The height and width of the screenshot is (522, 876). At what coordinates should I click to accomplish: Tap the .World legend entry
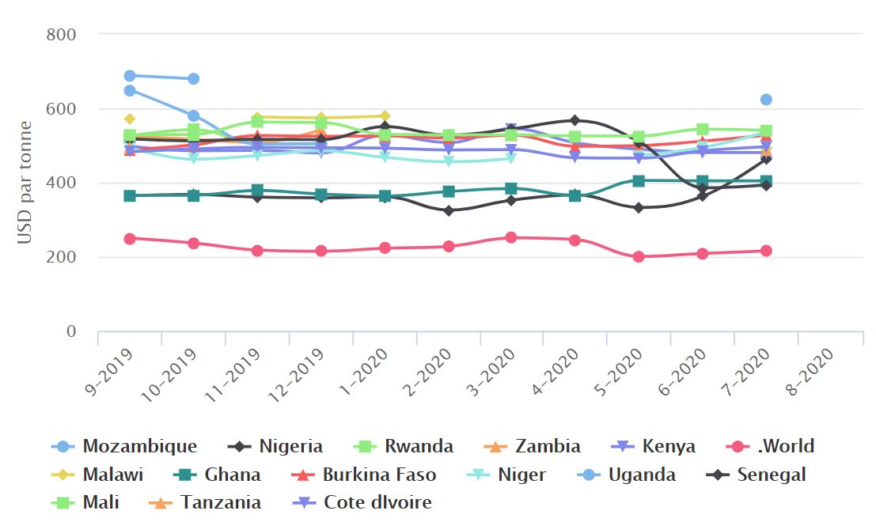(775, 446)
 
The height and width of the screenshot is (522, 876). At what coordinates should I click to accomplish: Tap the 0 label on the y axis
(70, 331)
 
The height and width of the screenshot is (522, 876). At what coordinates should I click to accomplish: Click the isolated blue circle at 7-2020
(765, 100)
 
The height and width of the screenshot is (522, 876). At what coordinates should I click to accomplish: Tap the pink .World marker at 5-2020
(638, 257)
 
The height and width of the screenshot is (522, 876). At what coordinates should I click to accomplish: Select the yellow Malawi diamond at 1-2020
(384, 116)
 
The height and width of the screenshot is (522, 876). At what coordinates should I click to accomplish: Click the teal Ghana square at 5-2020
(638, 180)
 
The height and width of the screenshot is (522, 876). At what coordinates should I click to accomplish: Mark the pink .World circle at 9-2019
(130, 238)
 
